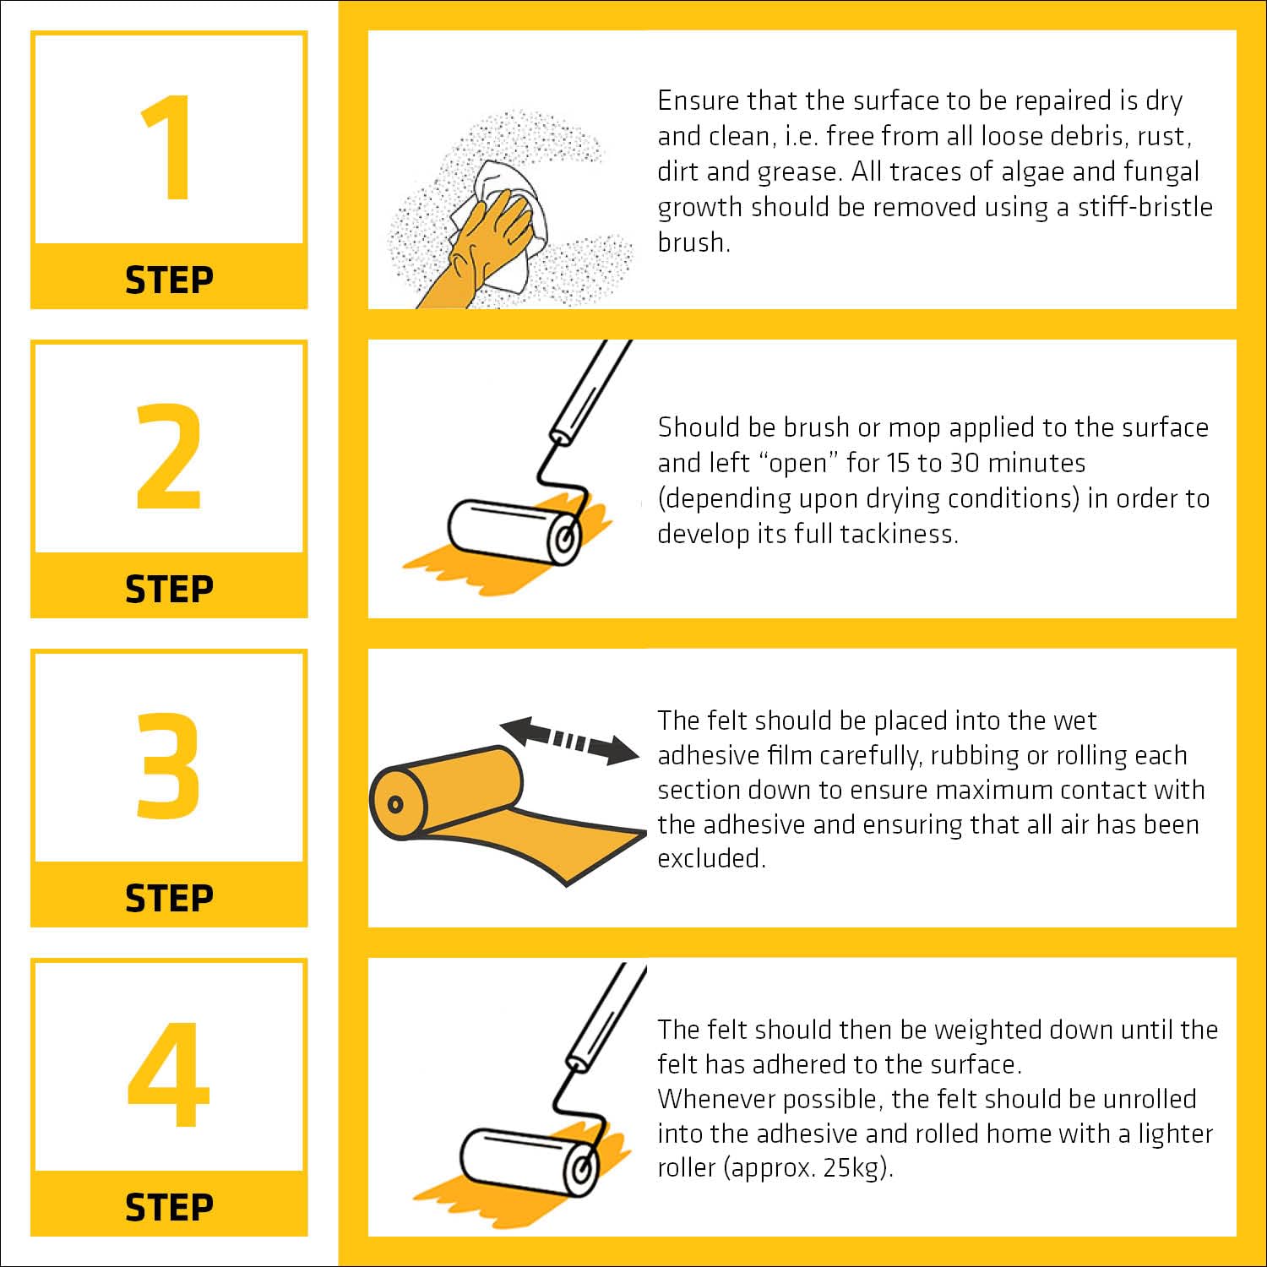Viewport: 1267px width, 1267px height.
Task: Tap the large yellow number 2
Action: pyautogui.click(x=169, y=456)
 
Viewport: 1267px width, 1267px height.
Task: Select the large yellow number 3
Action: pyautogui.click(x=169, y=765)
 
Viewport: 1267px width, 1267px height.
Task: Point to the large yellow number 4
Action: pyautogui.click(x=168, y=1074)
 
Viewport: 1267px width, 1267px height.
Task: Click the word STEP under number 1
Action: pyautogui.click(x=169, y=280)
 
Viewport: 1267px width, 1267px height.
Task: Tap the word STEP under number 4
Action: pyautogui.click(x=169, y=1207)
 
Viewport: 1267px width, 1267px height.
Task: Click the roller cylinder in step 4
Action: pyautogui.click(x=528, y=1161)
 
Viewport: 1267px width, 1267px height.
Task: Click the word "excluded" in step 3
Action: pyautogui.click(x=711, y=858)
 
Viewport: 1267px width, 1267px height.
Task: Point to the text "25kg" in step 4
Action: pyautogui.click(x=852, y=1167)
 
